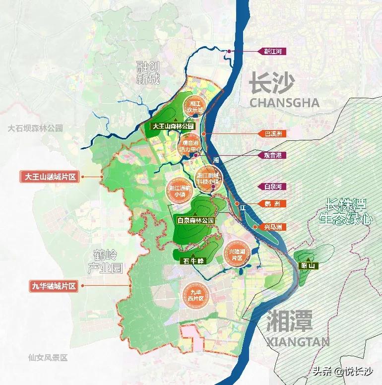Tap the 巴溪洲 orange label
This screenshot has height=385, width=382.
pos(271,133)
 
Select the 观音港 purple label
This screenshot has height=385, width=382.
pos(271,155)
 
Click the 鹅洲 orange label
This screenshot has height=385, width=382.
pos(272,204)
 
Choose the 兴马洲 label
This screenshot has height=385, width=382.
pos(272,227)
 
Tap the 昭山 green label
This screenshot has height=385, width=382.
pos(311,266)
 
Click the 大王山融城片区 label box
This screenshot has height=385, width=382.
pos(50,176)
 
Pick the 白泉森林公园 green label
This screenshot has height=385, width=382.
pos(195,219)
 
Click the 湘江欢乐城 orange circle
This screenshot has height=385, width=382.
pos(194,106)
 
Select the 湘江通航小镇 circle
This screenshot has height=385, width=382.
pos(179,190)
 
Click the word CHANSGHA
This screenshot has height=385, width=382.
pos(284,103)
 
